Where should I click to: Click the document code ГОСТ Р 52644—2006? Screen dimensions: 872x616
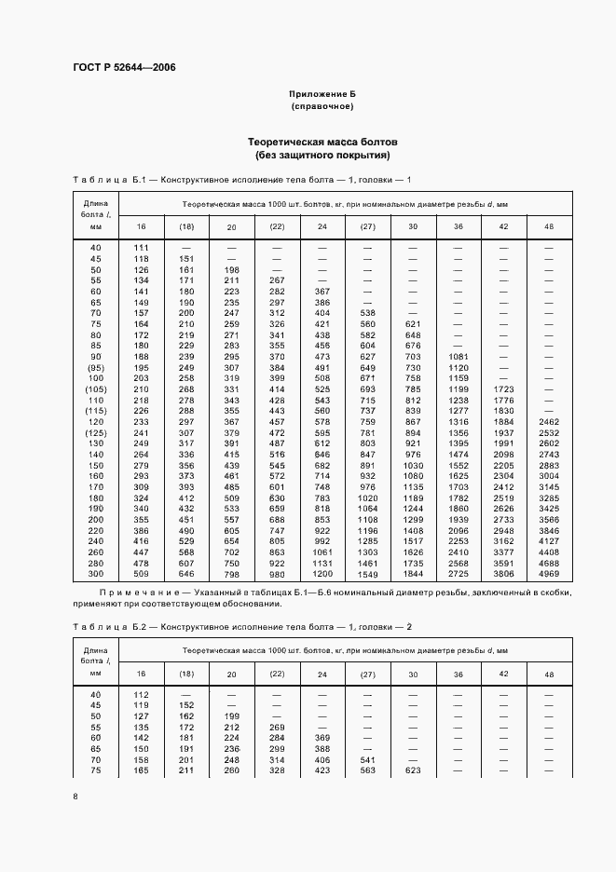pyautogui.click(x=123, y=68)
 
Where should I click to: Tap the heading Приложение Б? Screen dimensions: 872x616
pyautogui.click(x=322, y=95)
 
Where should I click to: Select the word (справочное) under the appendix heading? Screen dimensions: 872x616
pyautogui.click(x=322, y=107)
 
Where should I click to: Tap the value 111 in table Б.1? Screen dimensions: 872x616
pyautogui.click(x=142, y=247)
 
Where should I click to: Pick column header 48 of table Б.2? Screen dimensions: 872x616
pyautogui.click(x=548, y=673)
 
